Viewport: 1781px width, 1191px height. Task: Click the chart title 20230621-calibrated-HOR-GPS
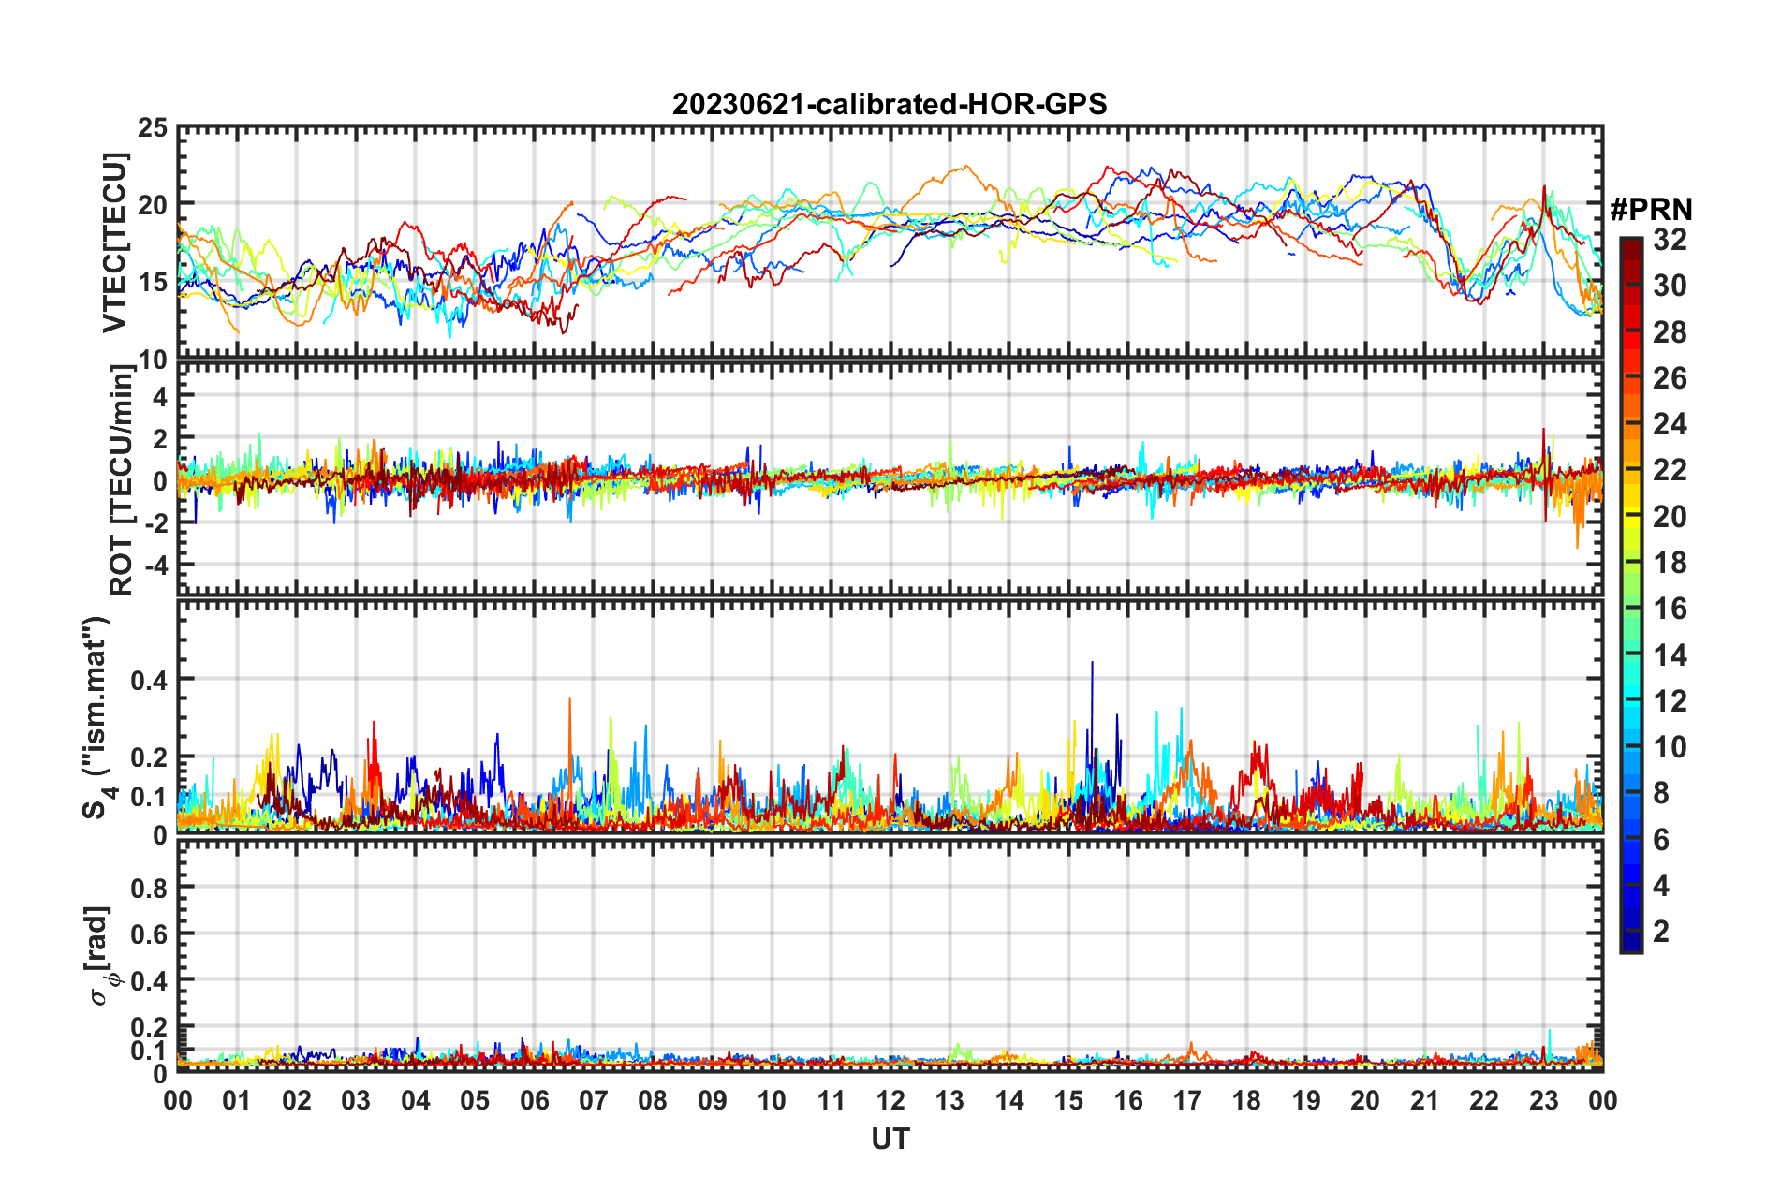click(890, 104)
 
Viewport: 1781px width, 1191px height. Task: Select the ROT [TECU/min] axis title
click(121, 480)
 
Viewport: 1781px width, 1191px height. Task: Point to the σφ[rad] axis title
click(100, 955)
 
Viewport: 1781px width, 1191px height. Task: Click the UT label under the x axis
click(890, 1139)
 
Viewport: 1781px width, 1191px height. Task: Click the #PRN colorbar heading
click(1651, 210)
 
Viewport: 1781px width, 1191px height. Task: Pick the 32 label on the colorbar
click(1670, 240)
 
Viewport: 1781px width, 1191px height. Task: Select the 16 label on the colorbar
click(1670, 609)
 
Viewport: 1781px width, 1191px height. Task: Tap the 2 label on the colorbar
click(1662, 931)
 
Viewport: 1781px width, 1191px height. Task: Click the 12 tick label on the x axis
click(890, 1100)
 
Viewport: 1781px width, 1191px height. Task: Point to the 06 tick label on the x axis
click(534, 1100)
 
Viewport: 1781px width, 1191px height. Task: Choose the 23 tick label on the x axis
click(1543, 1100)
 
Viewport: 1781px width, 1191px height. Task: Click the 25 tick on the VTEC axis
click(153, 127)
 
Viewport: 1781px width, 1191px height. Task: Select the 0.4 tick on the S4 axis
click(149, 680)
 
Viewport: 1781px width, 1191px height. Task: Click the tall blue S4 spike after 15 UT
click(1092, 665)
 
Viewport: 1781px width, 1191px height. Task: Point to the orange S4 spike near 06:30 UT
click(569, 700)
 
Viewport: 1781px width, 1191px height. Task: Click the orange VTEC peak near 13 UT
click(964, 169)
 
